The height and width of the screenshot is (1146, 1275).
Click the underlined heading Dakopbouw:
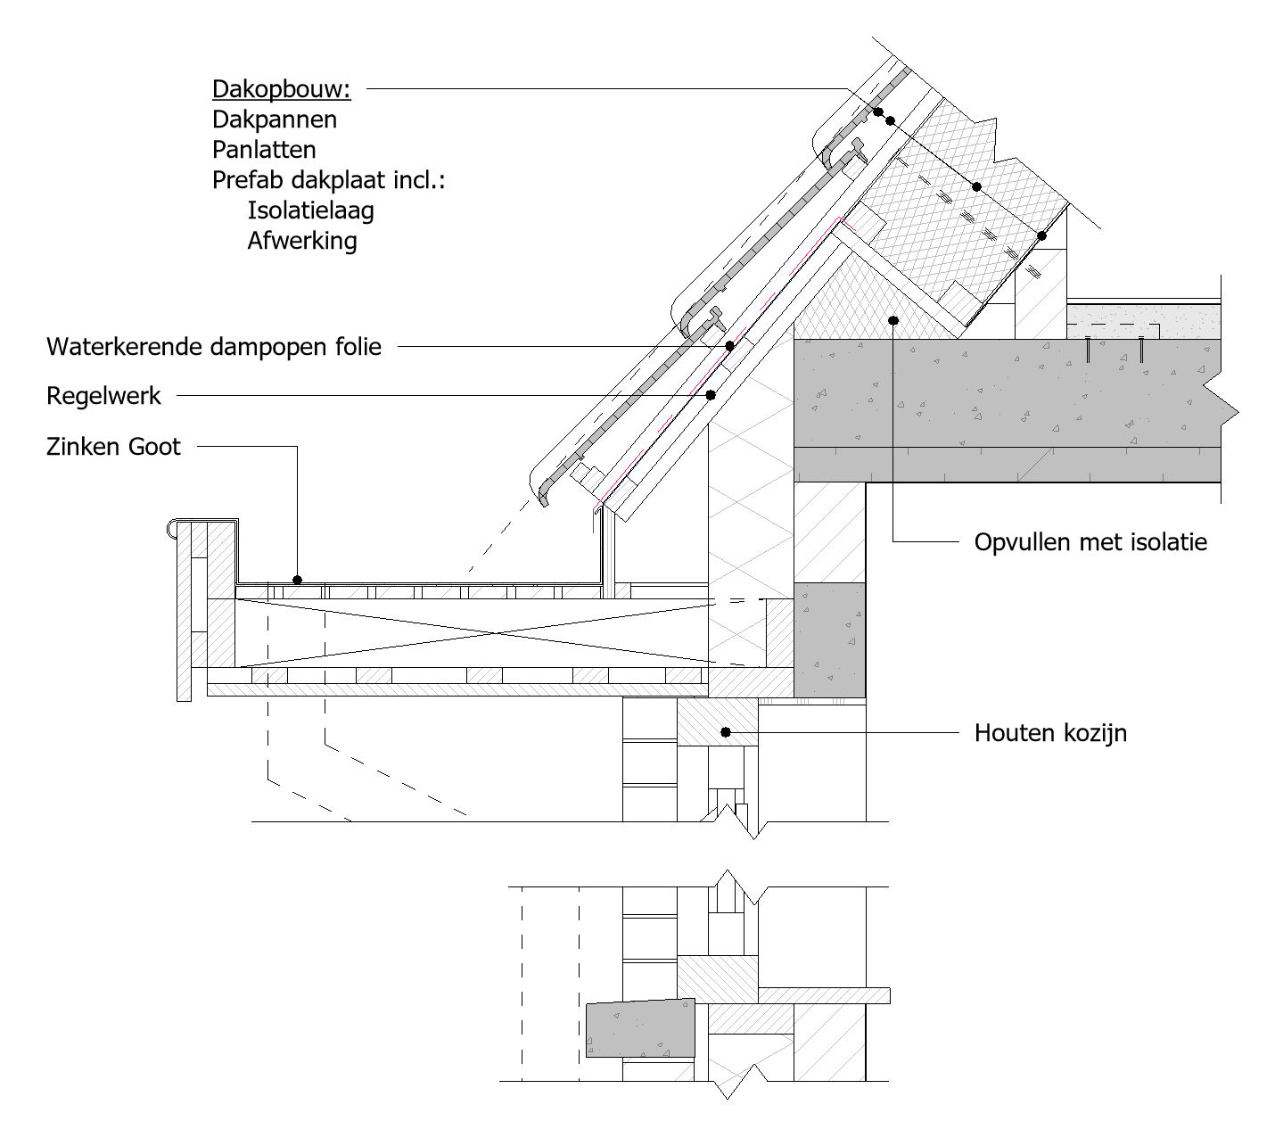pyautogui.click(x=282, y=89)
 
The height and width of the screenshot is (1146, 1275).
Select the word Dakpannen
pyautogui.click(x=275, y=120)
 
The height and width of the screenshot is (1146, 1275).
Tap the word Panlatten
pyautogui.click(x=264, y=150)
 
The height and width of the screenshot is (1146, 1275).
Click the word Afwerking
pyautogui.click(x=302, y=241)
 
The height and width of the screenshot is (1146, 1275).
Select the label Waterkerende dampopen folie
pyautogui.click(x=214, y=347)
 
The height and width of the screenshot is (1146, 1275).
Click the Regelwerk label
pyautogui.click(x=103, y=396)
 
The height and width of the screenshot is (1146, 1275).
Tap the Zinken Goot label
pyautogui.click(x=113, y=447)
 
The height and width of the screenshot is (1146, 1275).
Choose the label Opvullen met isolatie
pyautogui.click(x=1090, y=542)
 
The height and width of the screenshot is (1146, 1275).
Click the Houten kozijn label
pyautogui.click(x=1050, y=733)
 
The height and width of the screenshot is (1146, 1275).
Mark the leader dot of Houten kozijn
pyautogui.click(x=726, y=732)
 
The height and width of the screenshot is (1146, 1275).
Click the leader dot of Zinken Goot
pyautogui.click(x=298, y=580)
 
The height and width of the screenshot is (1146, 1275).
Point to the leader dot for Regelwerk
pyautogui.click(x=711, y=395)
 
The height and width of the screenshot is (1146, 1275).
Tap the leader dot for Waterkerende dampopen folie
pyautogui.click(x=730, y=346)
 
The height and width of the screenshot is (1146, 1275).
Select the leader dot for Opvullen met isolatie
pyautogui.click(x=893, y=320)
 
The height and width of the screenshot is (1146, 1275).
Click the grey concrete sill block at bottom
pyautogui.click(x=641, y=1028)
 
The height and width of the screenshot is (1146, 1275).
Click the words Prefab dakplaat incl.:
pyautogui.click(x=328, y=180)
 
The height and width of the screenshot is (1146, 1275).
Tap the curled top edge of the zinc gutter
pyautogui.click(x=171, y=528)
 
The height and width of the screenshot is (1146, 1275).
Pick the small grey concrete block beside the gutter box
pyautogui.click(x=829, y=639)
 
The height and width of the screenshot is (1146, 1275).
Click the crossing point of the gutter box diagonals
pyautogui.click(x=497, y=633)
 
